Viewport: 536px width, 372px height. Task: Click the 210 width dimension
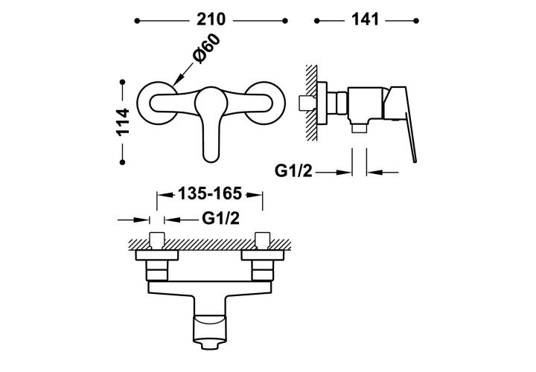point(211,19)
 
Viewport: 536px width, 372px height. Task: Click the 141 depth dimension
point(365,19)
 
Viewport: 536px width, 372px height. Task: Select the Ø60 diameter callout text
point(206,48)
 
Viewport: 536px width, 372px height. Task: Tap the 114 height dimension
point(123,122)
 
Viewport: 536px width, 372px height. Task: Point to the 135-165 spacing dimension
point(210,193)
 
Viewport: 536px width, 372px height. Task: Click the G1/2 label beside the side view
point(293,170)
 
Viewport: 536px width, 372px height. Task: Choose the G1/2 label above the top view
point(220,218)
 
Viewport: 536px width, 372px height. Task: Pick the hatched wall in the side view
point(310,102)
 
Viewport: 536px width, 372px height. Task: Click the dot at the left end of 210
point(137,21)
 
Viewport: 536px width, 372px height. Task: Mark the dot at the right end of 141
point(416,21)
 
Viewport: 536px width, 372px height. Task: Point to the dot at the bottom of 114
point(123,162)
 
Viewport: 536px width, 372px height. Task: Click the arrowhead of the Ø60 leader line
point(176,83)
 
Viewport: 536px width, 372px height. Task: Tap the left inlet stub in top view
point(157,240)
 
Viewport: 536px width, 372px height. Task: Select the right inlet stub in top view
point(263,240)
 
